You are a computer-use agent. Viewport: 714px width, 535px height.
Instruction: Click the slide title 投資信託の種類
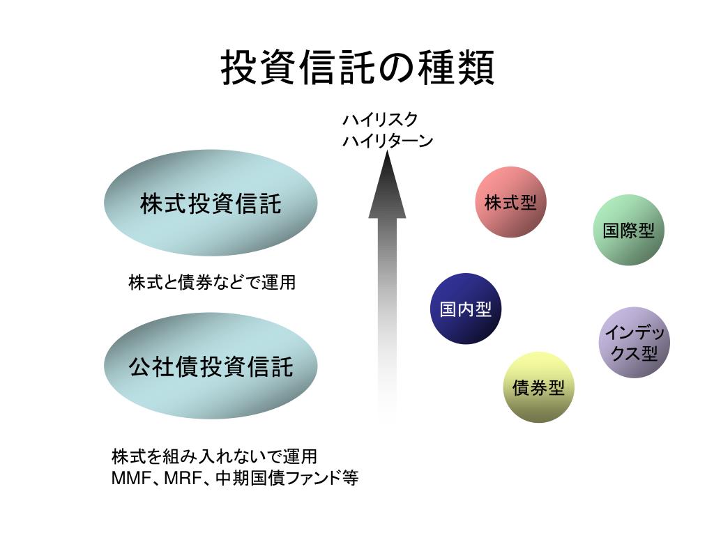click(357, 68)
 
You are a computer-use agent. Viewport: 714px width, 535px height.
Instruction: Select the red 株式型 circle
click(511, 202)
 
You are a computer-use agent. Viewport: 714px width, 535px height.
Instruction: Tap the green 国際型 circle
click(628, 231)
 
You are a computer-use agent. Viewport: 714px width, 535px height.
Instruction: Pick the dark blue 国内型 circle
click(466, 309)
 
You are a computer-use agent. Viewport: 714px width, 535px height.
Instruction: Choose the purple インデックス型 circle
click(634, 343)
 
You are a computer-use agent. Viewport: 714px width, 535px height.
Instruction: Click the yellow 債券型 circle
click(538, 387)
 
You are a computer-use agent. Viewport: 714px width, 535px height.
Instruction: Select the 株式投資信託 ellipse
click(211, 203)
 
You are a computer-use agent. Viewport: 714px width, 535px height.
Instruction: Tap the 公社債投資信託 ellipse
click(211, 366)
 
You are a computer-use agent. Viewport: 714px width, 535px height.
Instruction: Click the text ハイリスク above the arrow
click(380, 120)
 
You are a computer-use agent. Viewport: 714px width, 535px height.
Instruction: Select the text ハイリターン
click(388, 141)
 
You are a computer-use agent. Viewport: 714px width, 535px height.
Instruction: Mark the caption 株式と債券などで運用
click(212, 282)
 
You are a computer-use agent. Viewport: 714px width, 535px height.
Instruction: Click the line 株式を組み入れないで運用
click(214, 457)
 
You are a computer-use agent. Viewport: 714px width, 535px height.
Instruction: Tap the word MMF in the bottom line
click(130, 479)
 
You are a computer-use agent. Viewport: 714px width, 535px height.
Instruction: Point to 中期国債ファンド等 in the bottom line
click(287, 479)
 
